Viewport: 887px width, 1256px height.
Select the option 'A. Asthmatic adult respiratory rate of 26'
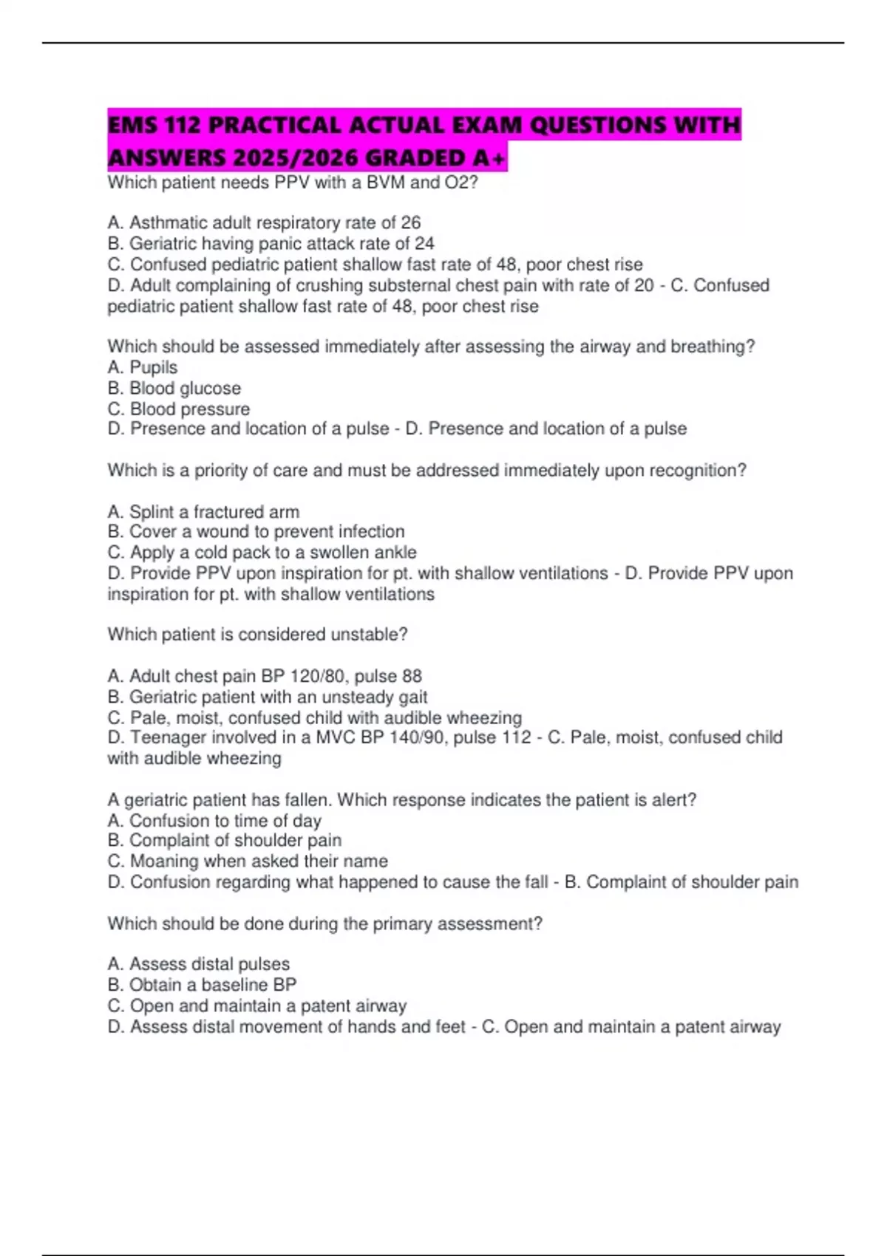pos(264,222)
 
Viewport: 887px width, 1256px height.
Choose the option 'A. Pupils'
pos(143,367)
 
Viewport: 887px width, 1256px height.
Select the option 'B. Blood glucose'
pos(174,388)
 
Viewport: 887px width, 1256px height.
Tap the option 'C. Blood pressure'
pos(179,409)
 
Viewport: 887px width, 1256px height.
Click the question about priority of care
pos(426,471)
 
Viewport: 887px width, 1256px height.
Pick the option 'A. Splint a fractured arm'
pos(203,511)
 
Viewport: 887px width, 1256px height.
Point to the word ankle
pos(396,552)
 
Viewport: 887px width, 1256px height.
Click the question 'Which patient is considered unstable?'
pos(257,634)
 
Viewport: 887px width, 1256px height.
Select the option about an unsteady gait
pos(268,697)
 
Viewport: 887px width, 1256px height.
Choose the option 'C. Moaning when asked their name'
pos(248,861)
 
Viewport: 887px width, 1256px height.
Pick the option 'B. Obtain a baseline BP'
pos(202,985)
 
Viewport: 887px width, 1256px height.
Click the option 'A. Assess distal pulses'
pos(198,964)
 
